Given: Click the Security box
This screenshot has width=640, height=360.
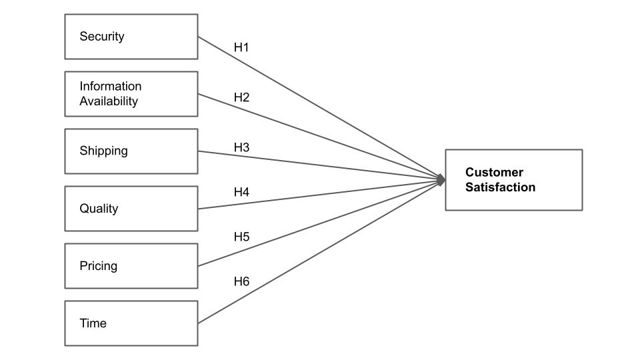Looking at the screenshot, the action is click(x=131, y=37).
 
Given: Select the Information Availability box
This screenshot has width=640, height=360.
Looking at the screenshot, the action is click(x=131, y=94).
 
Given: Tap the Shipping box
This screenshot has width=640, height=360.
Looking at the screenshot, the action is click(x=131, y=151).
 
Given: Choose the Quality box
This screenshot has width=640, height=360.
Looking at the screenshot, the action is click(x=131, y=209).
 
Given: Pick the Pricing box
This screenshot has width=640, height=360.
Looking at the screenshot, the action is click(x=131, y=266).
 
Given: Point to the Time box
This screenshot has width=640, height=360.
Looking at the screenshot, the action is click(x=131, y=323).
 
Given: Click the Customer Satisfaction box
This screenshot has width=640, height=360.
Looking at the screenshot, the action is click(x=514, y=180).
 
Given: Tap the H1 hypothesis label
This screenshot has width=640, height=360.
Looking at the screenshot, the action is click(x=241, y=47).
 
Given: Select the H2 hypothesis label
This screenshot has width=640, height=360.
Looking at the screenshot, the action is click(x=241, y=97).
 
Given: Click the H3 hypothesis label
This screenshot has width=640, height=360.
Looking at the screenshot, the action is click(x=241, y=147).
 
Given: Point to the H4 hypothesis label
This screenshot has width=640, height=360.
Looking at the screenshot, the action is click(x=241, y=192).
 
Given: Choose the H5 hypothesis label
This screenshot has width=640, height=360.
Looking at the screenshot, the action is click(x=241, y=237).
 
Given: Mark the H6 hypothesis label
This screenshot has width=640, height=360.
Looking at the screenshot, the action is click(x=241, y=281).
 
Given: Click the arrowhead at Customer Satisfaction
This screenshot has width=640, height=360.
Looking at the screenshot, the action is click(x=441, y=179).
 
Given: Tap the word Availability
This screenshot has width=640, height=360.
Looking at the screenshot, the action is click(x=109, y=101).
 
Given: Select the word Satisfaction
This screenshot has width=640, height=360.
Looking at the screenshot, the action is click(x=501, y=187).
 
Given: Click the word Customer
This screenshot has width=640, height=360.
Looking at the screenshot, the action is click(x=494, y=172).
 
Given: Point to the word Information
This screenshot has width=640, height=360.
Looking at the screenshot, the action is click(x=111, y=86).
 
